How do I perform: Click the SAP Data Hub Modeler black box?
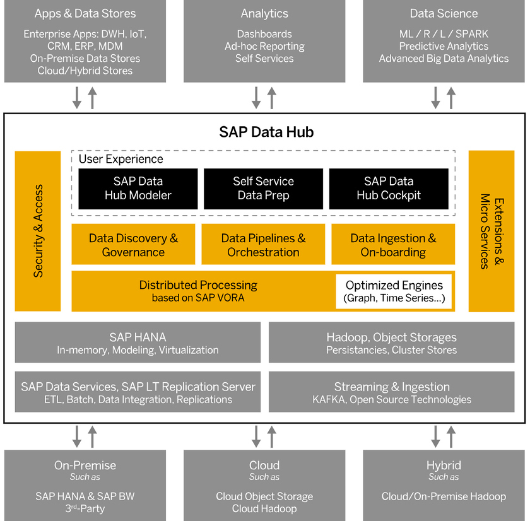[138, 188]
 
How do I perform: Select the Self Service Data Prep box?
[263, 188]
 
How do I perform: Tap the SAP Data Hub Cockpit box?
[389, 188]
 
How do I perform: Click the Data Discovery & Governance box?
[134, 245]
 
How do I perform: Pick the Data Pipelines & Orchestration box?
[263, 245]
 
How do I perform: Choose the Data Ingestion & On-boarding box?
[393, 245]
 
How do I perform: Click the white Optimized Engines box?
[394, 291]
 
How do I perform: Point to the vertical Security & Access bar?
[38, 231]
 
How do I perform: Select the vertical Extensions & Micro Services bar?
[491, 231]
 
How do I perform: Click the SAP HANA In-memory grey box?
[138, 342]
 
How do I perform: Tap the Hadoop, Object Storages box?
[391, 342]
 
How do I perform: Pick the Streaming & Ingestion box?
[391, 392]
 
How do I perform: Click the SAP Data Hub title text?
[266, 132]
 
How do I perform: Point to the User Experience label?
[121, 159]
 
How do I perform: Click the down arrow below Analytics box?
[257, 98]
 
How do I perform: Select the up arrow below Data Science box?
[451, 98]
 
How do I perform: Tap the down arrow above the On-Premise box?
[78, 436]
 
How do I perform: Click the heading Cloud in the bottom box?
[264, 465]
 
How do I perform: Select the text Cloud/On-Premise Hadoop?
[444, 496]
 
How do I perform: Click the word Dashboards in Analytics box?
[264, 33]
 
